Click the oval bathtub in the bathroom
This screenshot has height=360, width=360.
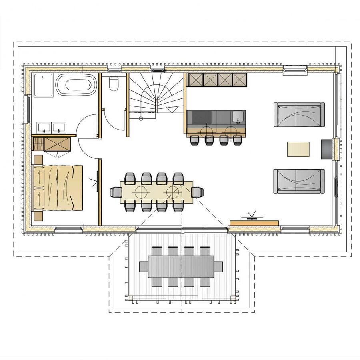(76, 85)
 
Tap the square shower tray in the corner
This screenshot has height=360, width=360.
(44, 85)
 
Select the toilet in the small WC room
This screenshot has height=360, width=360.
(114, 84)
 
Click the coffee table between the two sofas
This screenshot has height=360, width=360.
(298, 149)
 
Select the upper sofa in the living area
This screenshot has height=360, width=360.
(299, 115)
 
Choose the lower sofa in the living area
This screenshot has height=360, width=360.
(299, 181)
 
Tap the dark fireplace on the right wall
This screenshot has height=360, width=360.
(326, 149)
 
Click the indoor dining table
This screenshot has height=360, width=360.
(156, 192)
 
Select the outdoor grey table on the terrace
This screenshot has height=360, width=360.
(181, 266)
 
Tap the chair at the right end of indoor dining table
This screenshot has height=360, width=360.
(197, 192)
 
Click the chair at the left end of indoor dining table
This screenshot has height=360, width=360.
(116, 192)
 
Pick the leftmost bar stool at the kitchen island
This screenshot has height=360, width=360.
(194, 140)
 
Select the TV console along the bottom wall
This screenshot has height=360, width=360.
(254, 222)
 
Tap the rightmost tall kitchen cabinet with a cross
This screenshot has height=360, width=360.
(239, 80)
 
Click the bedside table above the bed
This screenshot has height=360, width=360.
(38, 160)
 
